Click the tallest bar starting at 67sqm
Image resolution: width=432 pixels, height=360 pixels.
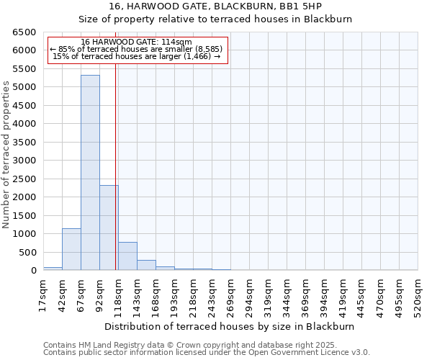[90, 173]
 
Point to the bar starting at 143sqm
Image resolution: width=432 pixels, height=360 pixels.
[146, 265]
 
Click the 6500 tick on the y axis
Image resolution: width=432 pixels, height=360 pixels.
[24, 32]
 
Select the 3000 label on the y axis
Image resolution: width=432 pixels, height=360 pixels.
[24, 161]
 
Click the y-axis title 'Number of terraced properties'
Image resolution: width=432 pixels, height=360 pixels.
[6, 155]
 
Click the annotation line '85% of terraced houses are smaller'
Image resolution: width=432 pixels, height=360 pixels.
[137, 49]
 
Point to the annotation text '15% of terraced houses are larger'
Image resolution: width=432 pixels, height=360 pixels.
[137, 56]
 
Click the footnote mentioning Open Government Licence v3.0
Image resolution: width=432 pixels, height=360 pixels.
[207, 352]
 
